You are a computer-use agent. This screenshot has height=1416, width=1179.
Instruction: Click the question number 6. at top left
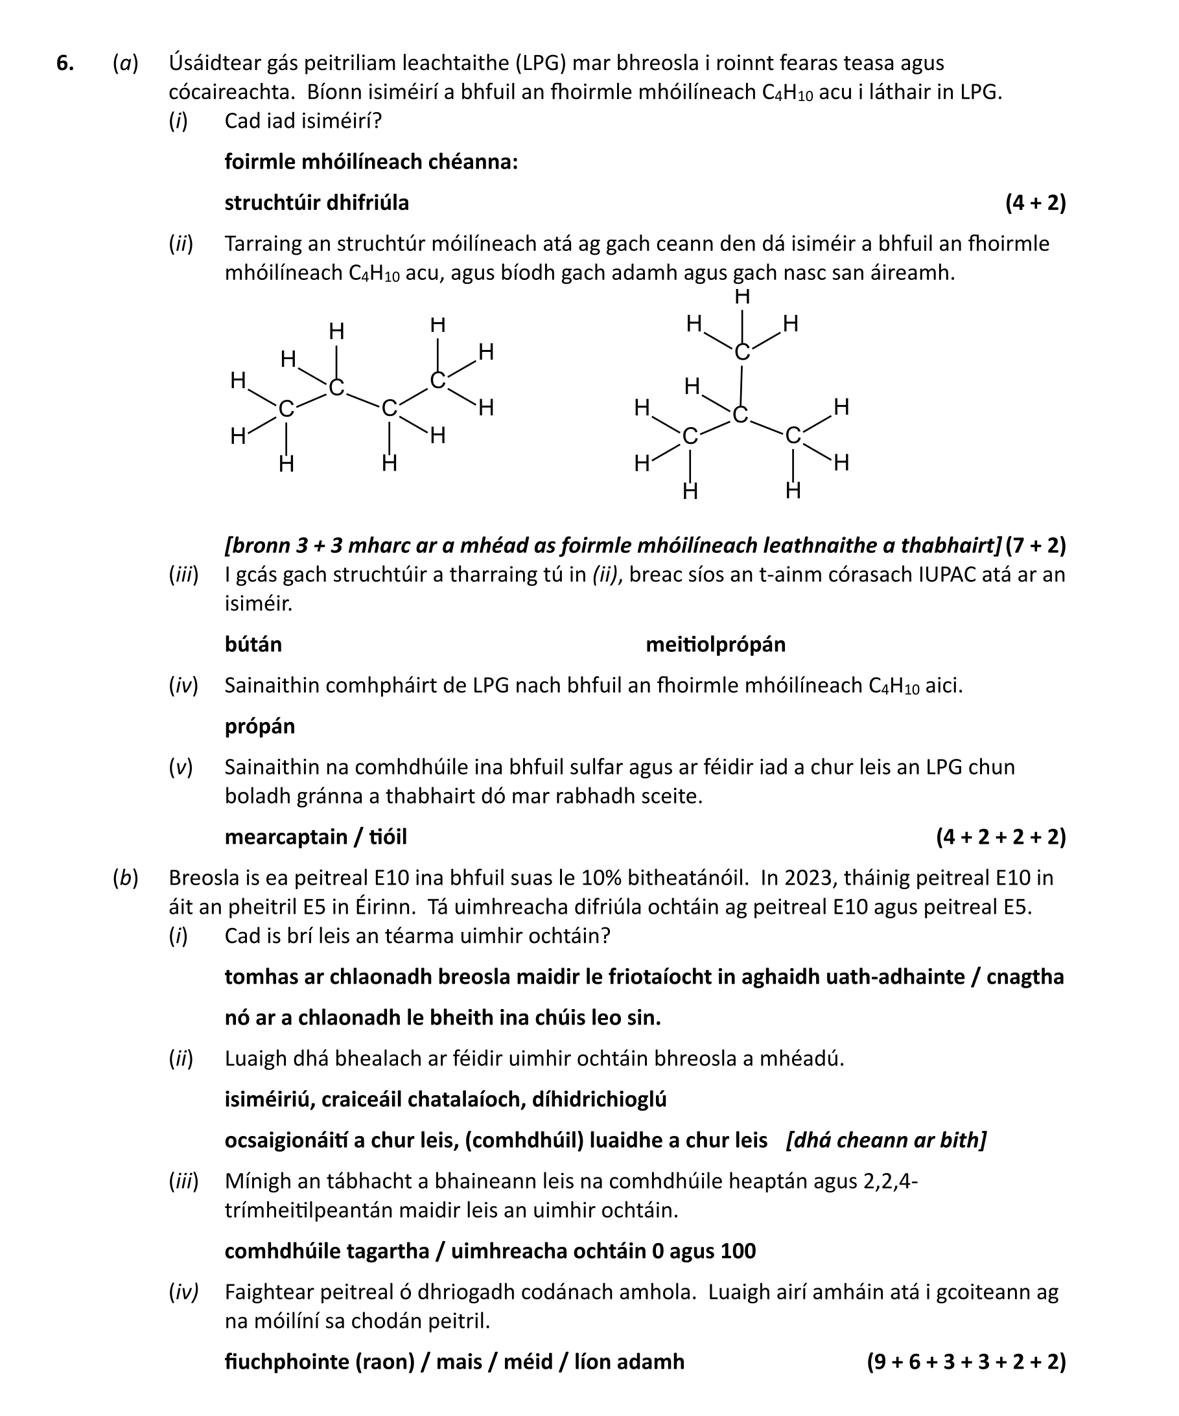coord(65,64)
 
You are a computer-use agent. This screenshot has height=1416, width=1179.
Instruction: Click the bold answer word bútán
coord(253,645)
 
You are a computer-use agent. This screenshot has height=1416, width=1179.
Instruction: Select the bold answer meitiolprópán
coord(715,645)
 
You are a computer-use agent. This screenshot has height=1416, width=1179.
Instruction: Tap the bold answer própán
coord(260,726)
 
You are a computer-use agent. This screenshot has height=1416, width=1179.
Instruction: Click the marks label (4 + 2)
coord(1034,203)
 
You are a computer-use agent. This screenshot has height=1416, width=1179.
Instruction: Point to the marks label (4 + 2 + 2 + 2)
coord(1000,837)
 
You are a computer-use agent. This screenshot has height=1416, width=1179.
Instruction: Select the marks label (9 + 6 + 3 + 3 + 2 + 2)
coord(966,1362)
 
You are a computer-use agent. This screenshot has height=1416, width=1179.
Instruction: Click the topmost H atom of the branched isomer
coord(742,297)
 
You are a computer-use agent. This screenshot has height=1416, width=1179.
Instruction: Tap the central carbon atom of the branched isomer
coord(740,415)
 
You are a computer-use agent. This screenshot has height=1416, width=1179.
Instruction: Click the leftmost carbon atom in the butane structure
coord(286,409)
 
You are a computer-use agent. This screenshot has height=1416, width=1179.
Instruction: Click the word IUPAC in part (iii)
coord(952,574)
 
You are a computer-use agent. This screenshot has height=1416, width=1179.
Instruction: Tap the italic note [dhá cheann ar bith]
coord(885,1140)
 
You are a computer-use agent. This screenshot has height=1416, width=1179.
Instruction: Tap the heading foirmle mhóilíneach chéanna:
coord(371,162)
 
